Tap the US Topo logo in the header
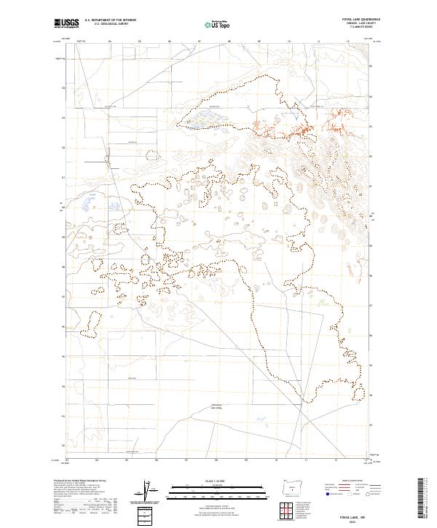pos(211,23)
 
